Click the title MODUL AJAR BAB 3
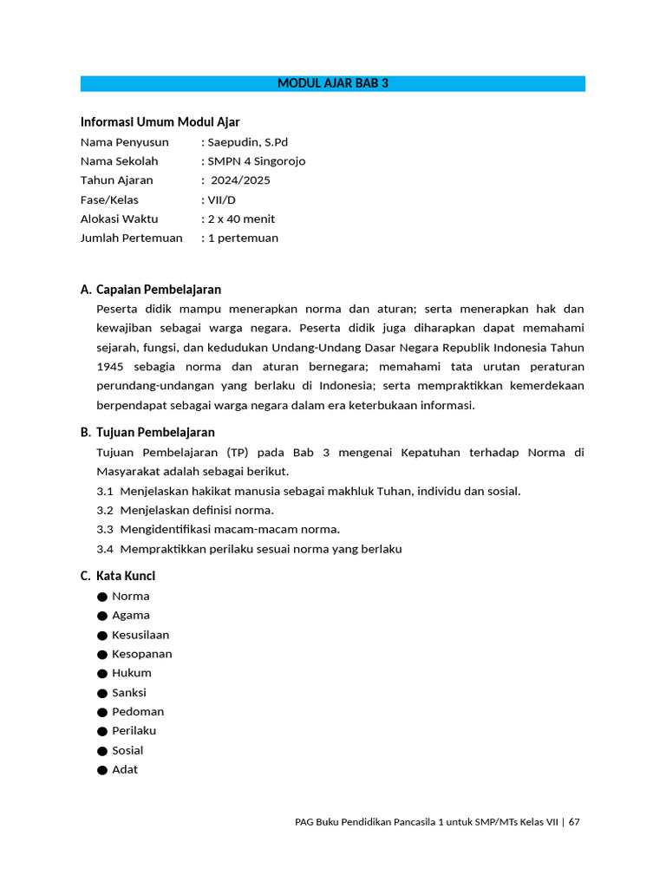[x=333, y=83]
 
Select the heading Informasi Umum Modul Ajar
[x=160, y=122]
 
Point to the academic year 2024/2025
[x=240, y=180]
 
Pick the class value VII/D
[x=221, y=199]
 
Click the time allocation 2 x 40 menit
[x=241, y=219]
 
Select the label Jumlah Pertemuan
[x=132, y=238]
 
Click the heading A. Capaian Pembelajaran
[x=151, y=290]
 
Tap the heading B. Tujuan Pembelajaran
[x=147, y=432]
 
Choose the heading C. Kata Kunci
[x=118, y=576]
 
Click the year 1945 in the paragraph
[x=110, y=367]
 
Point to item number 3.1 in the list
[x=105, y=491]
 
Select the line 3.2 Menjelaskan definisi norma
[x=186, y=510]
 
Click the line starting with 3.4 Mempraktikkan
[x=250, y=549]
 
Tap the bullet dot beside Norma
[x=102, y=597]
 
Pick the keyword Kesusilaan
[x=140, y=635]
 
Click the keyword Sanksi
[x=129, y=692]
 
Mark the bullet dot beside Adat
[x=102, y=770]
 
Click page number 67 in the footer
[x=574, y=822]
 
